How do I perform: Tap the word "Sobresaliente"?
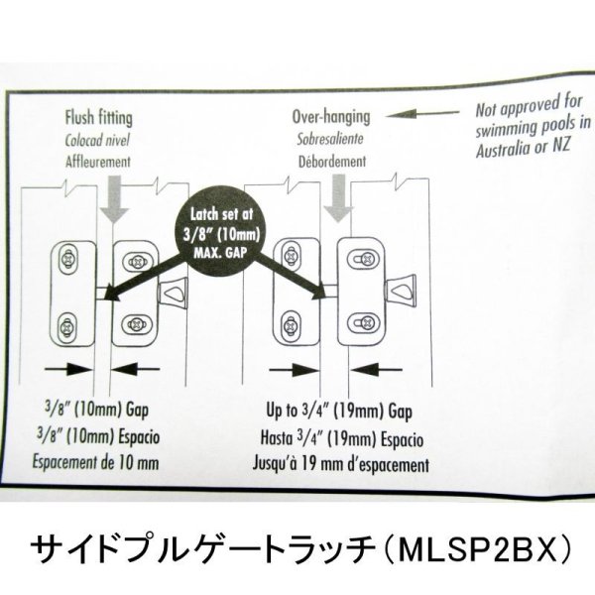[329, 139]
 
